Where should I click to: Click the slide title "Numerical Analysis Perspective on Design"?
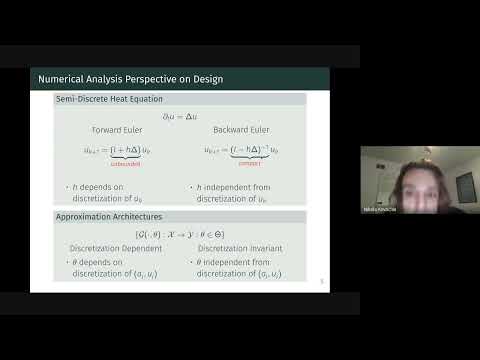[x=130, y=79]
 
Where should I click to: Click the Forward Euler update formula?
[x=118, y=150]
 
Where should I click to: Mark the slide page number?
[x=322, y=283]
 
